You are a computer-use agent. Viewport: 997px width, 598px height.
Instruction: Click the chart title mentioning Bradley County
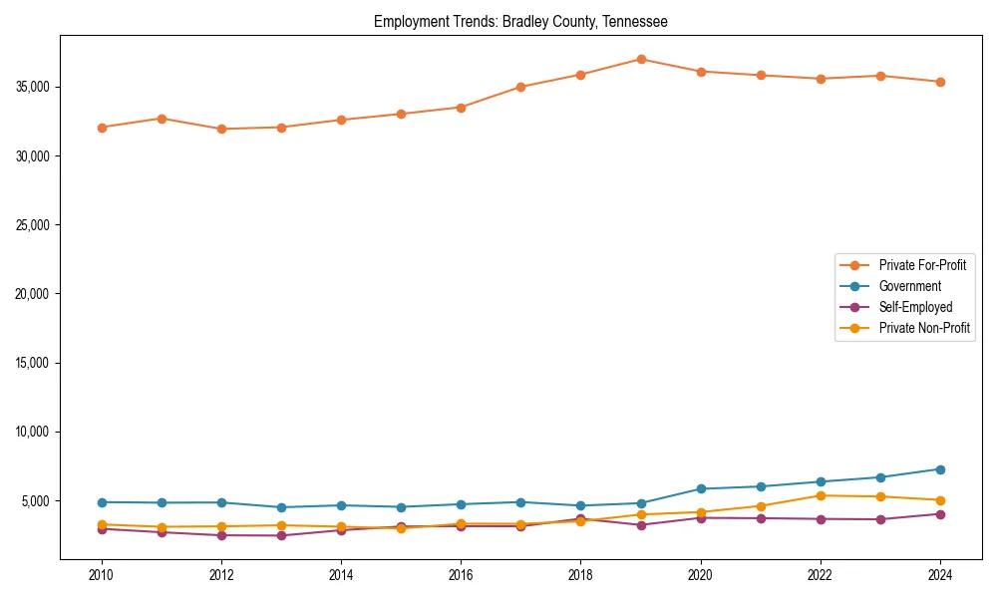coord(520,21)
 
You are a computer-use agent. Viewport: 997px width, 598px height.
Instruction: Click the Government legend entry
coord(909,286)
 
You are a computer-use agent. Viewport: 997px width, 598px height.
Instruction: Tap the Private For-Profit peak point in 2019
coord(641,60)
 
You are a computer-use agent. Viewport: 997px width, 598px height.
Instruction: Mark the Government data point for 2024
coord(940,469)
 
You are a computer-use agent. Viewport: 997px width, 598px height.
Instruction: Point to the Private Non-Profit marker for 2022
coord(821,495)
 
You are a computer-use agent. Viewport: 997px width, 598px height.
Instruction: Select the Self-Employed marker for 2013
coord(282,536)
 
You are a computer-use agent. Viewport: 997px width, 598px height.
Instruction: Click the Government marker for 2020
coord(701,488)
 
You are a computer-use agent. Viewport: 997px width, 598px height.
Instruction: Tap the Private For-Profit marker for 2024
coord(940,82)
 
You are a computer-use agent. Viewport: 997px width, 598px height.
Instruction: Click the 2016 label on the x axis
coord(461,575)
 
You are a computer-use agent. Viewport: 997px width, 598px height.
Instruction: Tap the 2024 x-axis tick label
coord(940,575)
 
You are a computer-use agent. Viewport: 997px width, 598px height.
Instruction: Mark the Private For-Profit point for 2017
coord(520,87)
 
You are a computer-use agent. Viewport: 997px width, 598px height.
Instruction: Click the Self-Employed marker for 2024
coord(940,514)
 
